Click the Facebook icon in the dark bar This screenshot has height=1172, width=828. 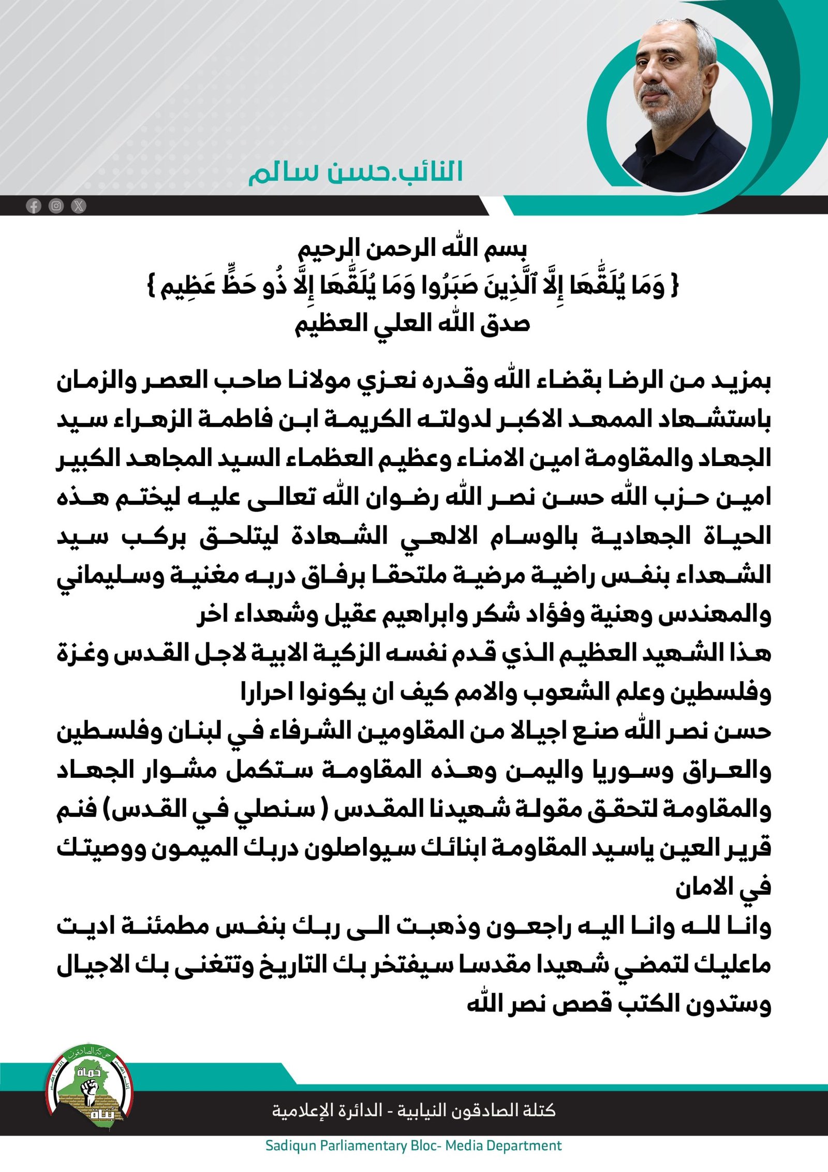click(34, 206)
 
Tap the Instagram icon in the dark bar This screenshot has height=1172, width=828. click(56, 206)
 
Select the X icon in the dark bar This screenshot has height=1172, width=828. click(79, 206)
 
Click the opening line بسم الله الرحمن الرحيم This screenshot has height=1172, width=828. click(412, 250)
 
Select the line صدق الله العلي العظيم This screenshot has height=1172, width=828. click(412, 324)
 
